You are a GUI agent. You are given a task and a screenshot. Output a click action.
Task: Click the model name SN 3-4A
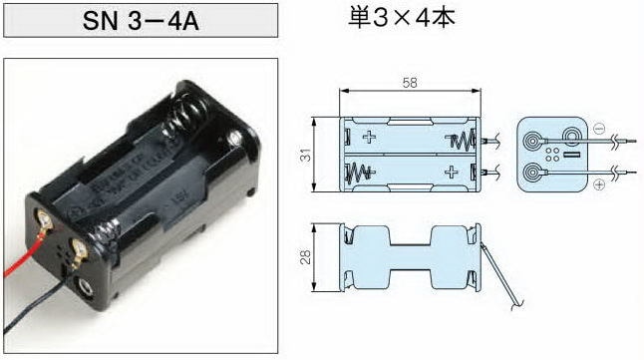point(139,20)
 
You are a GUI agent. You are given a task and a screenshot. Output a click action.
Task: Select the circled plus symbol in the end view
point(598,185)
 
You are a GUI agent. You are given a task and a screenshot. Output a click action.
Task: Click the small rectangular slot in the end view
point(571,157)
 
